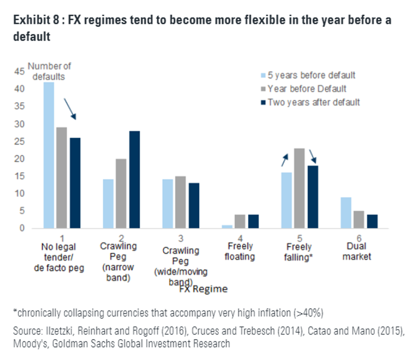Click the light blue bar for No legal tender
[49, 155]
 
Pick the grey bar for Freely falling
[299, 188]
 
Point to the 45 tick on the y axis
[20, 71]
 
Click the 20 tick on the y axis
[20, 159]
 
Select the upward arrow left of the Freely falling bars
[286, 158]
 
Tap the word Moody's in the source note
[27, 344]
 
